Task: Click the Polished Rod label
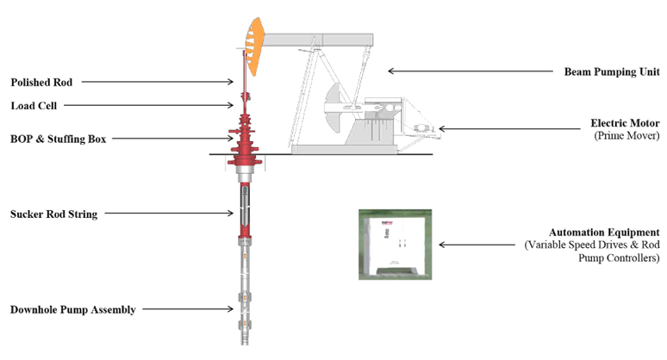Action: click(41, 82)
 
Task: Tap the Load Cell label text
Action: click(34, 105)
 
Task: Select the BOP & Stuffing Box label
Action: click(59, 139)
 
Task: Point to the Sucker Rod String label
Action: click(53, 214)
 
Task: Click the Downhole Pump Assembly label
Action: click(72, 309)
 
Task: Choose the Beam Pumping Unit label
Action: click(612, 71)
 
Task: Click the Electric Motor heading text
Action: click(625, 123)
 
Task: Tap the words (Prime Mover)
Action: click(626, 135)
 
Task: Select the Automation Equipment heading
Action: click(604, 233)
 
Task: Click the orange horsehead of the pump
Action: click(254, 46)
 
